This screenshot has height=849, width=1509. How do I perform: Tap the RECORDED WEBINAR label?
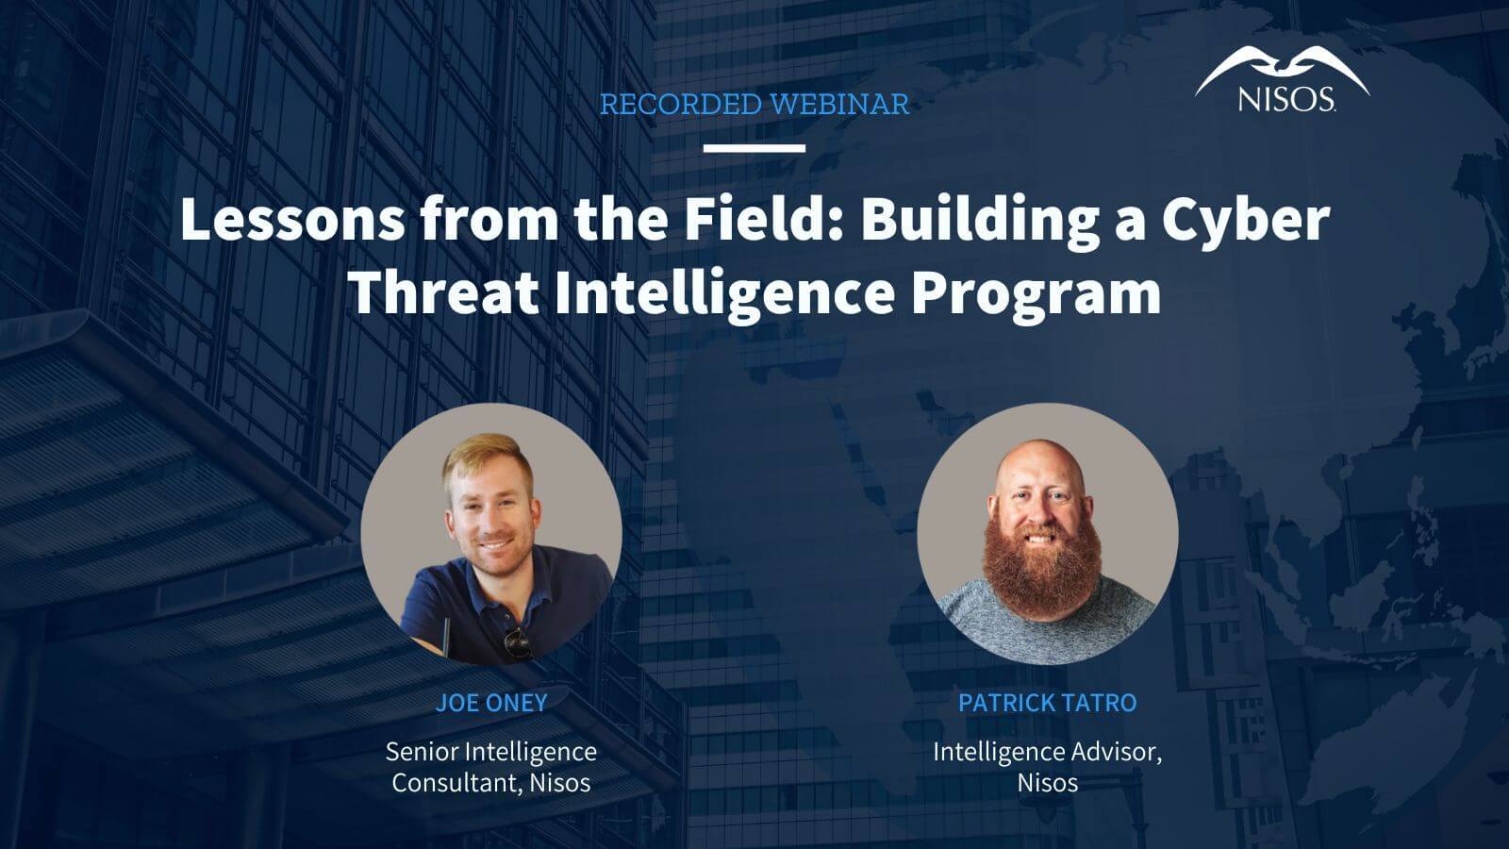754,105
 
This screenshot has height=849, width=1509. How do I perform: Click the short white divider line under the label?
754,148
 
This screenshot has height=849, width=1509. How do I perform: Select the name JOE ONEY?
491,703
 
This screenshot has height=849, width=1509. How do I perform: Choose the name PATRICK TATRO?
1047,703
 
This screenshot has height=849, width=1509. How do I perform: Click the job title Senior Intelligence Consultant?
490,767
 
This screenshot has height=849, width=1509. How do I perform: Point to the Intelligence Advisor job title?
1047,753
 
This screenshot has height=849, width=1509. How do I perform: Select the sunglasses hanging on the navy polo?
517,641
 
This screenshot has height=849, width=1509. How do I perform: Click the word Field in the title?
763,219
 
